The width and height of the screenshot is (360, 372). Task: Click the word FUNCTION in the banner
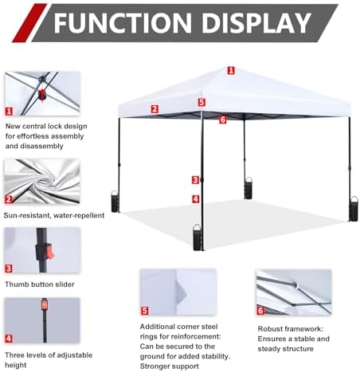pyautogui.click(x=123, y=22)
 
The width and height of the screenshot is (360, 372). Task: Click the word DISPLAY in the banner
pyautogui.click(x=256, y=22)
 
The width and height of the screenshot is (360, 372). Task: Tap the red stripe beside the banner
pyautogui.click(x=29, y=23)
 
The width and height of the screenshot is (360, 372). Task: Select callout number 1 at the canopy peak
pyautogui.click(x=231, y=70)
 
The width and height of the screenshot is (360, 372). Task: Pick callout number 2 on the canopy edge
pyautogui.click(x=155, y=109)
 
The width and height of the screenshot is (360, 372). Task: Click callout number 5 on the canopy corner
pyautogui.click(x=202, y=102)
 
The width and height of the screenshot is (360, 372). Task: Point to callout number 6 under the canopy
pyautogui.click(x=223, y=119)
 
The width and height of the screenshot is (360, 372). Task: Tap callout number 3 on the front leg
pyautogui.click(x=196, y=180)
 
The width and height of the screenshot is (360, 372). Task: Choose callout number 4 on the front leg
pyautogui.click(x=196, y=199)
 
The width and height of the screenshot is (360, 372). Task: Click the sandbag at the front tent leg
pyautogui.click(x=198, y=237)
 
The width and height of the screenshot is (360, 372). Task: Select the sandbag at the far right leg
pyautogui.click(x=354, y=209)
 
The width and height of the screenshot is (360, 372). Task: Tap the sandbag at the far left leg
pyautogui.click(x=115, y=202)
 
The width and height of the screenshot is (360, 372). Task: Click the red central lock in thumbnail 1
pyautogui.click(x=41, y=95)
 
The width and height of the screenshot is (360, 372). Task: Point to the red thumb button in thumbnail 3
pyautogui.click(x=50, y=250)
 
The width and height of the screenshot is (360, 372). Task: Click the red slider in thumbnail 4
pyautogui.click(x=45, y=304)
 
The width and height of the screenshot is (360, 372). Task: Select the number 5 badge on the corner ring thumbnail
pyautogui.click(x=144, y=311)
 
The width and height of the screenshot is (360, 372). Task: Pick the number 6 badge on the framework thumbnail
pyautogui.click(x=260, y=311)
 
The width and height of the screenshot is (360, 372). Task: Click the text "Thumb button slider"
pyautogui.click(x=40, y=284)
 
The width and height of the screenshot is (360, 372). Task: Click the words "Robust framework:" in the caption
pyautogui.click(x=291, y=329)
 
